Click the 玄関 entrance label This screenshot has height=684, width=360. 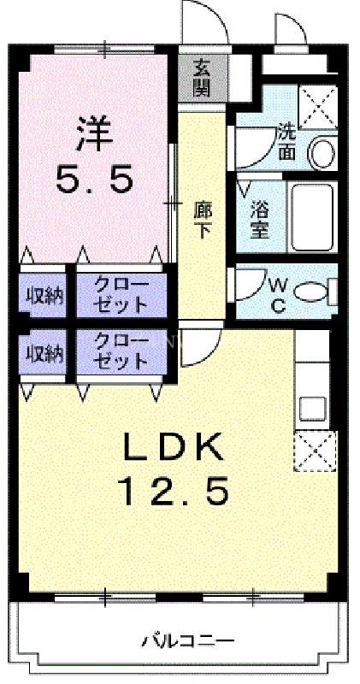tap(202, 77)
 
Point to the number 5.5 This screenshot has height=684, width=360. tap(94, 179)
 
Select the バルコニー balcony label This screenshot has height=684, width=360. tap(181, 640)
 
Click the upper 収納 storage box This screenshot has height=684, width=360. tap(43, 296)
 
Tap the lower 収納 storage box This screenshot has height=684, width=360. tap(43, 352)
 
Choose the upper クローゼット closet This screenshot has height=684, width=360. tap(120, 295)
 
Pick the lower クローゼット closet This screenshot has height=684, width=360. tap(120, 351)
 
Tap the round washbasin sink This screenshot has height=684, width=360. tap(322, 154)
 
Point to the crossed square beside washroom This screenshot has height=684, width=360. tap(318, 107)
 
